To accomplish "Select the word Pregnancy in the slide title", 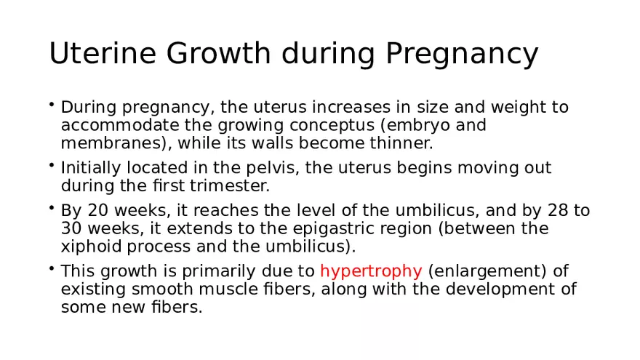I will point(461,55).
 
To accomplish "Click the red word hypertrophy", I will point(371,272).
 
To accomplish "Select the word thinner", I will point(404,143).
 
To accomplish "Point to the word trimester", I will point(236,186).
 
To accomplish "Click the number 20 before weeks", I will point(97,212).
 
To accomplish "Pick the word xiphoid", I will point(87,247).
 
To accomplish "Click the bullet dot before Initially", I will point(53,166).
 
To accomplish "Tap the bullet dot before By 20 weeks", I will point(53,209).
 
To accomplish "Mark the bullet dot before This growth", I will point(53,269).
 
